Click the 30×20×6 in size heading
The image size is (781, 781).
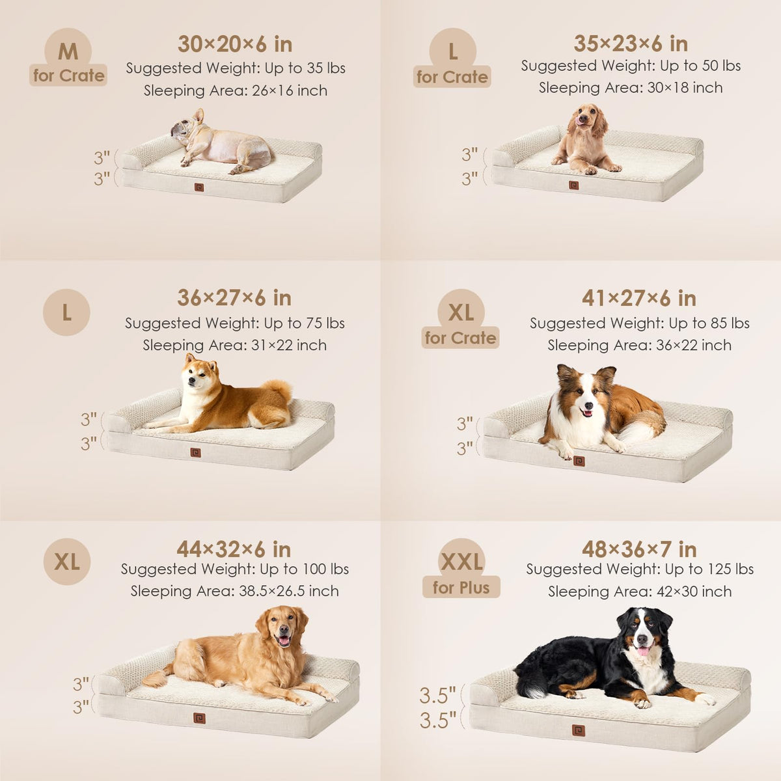tap(235, 44)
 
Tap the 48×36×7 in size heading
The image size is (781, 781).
tap(639, 549)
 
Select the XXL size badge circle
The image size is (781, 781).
tap(461, 561)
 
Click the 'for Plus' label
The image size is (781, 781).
tap(461, 588)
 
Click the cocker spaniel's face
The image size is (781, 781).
tap(584, 118)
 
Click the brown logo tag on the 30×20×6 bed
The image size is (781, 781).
tap(199, 187)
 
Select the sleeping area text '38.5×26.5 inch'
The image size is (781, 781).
tap(288, 591)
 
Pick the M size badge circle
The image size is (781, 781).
tap(68, 51)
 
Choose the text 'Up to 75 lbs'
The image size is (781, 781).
tap(304, 323)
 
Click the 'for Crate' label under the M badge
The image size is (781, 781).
tap(68, 75)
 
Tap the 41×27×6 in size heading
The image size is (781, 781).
tap(639, 299)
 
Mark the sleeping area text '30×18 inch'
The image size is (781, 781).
tap(685, 88)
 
